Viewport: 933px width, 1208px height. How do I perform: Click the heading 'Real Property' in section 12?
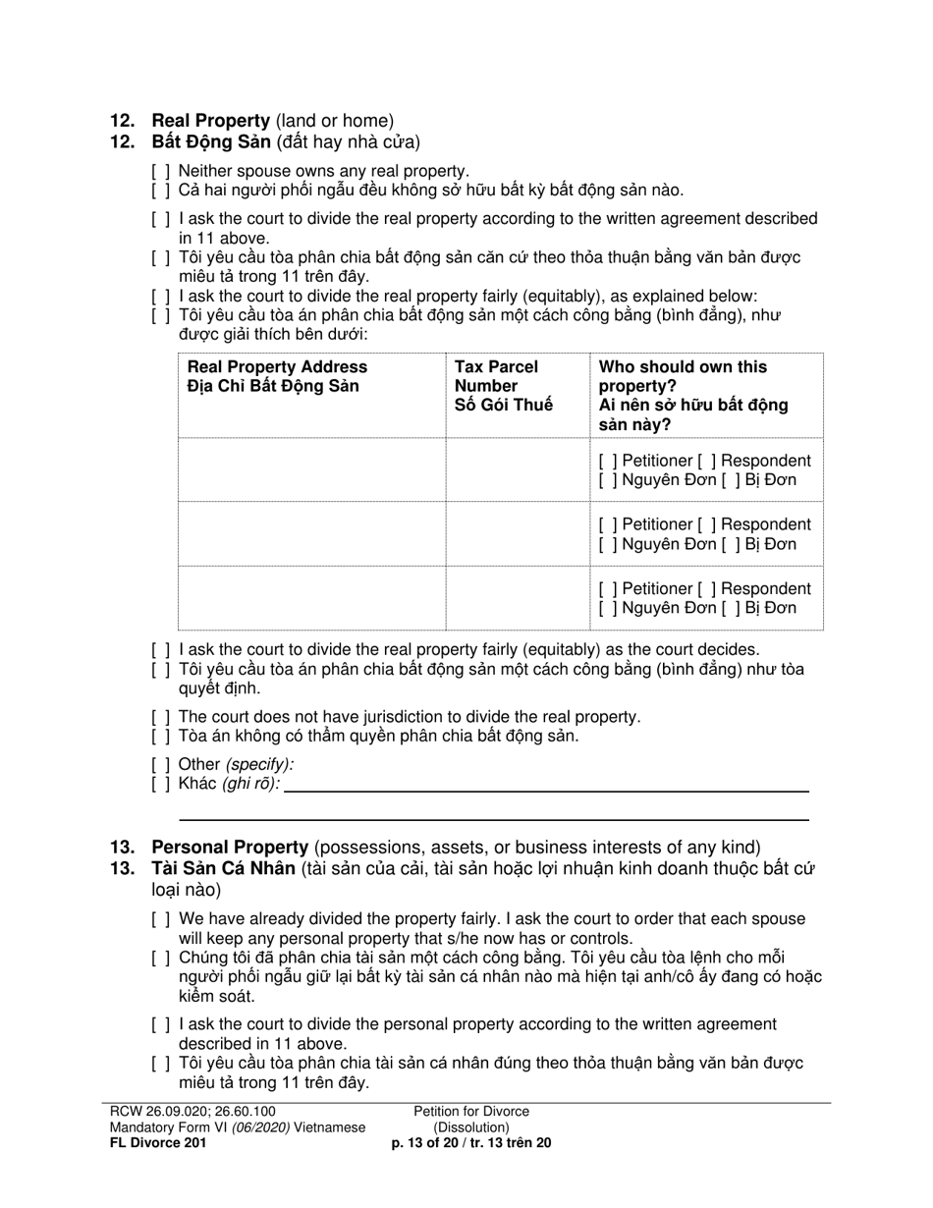[x=210, y=121]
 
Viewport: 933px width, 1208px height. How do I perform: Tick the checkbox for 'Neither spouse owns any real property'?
[x=161, y=171]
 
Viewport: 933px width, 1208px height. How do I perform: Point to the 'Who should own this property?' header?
[x=693, y=395]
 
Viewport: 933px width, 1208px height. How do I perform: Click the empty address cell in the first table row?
[x=311, y=470]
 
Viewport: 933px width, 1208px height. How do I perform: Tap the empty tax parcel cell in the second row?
[x=518, y=534]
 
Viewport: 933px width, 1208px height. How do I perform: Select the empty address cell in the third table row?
[x=311, y=598]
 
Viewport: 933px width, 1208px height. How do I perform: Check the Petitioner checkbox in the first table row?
[x=606, y=462]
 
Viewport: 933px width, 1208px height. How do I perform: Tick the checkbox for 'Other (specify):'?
[x=161, y=764]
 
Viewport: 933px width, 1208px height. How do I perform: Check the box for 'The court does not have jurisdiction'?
[x=161, y=717]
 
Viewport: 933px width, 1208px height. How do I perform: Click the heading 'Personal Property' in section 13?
[x=230, y=848]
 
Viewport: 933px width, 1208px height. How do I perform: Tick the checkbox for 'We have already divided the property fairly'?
[x=161, y=919]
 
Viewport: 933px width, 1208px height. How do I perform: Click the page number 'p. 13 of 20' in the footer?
[x=431, y=1142]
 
